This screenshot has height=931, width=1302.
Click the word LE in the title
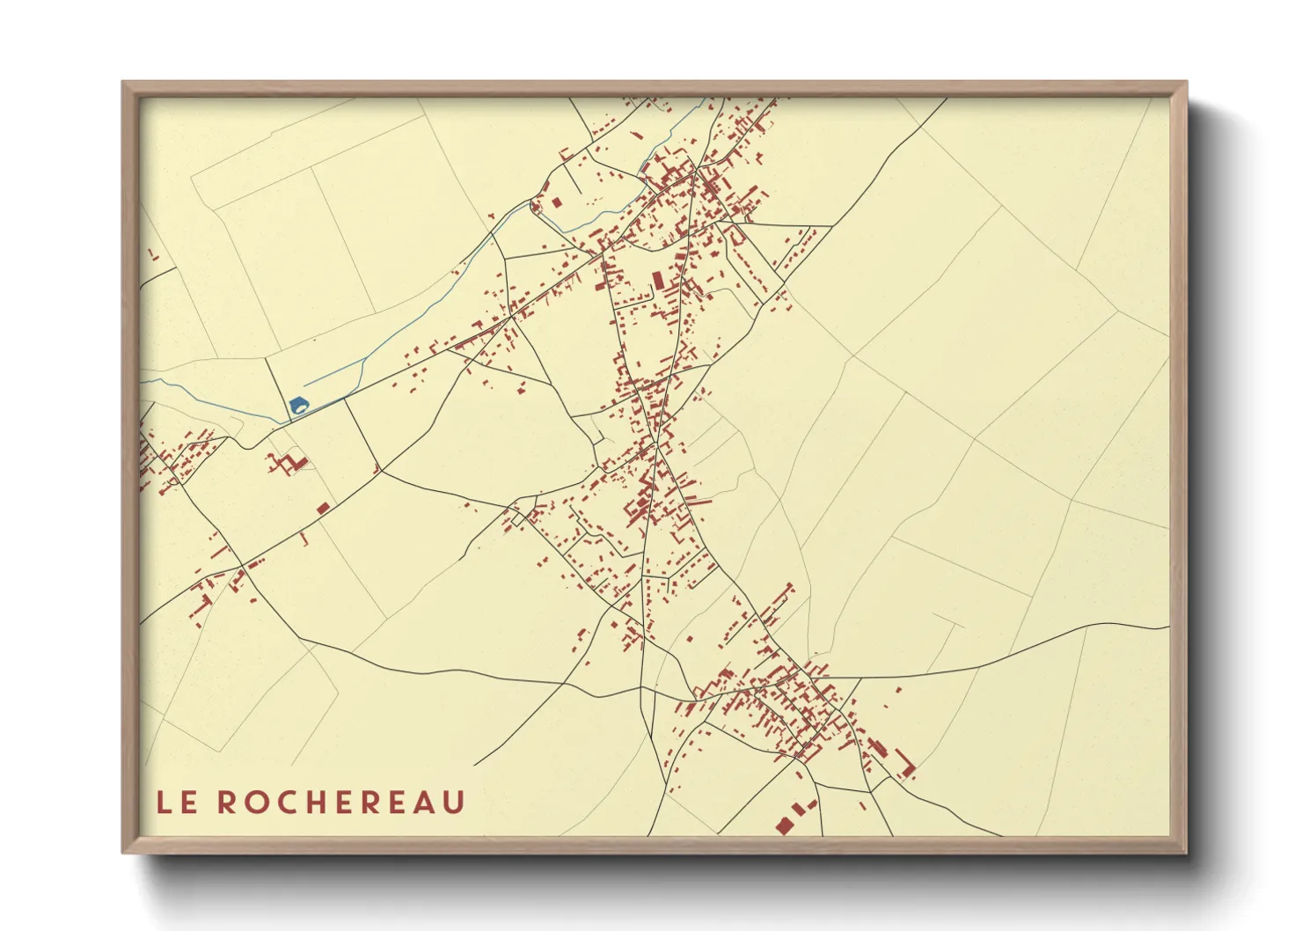[x=177, y=803]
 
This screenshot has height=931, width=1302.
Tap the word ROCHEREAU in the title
[x=340, y=803]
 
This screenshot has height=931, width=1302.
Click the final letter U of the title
[x=454, y=803]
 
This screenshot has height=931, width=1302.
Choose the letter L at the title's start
[x=165, y=803]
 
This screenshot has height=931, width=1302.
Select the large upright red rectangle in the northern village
[x=656, y=280]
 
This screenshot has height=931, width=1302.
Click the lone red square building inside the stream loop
[x=556, y=202]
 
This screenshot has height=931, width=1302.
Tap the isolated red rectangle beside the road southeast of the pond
[x=323, y=508]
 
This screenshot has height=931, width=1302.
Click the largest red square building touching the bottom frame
[x=782, y=825]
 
